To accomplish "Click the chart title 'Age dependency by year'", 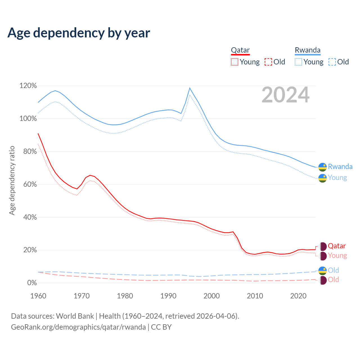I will pyautogui.click(x=79, y=33).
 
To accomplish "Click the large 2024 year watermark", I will pyautogui.click(x=285, y=95).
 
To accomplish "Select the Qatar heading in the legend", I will pyautogui.click(x=240, y=50).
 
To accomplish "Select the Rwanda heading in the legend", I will pyautogui.click(x=307, y=50).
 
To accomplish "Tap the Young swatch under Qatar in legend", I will pyautogui.click(x=234, y=62).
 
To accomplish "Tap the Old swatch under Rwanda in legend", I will pyautogui.click(x=332, y=62).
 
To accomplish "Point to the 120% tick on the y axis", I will pyautogui.click(x=28, y=86).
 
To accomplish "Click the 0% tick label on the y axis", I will pyautogui.click(x=32, y=283).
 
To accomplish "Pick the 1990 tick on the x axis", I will pyautogui.click(x=168, y=296).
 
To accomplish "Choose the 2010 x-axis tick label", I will pyautogui.click(x=255, y=296).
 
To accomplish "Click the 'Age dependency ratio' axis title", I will pyautogui.click(x=12, y=180).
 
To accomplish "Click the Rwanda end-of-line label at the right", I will pyautogui.click(x=340, y=167).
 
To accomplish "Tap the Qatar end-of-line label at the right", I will pyautogui.click(x=337, y=246).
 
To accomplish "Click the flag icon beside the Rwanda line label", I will pyautogui.click(x=323, y=167).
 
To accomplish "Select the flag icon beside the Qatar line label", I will pyautogui.click(x=323, y=246).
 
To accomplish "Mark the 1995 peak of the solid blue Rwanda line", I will pyautogui.click(x=190, y=88).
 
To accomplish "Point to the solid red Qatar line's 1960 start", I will pyautogui.click(x=38, y=134).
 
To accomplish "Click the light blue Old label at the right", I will pyautogui.click(x=333, y=271).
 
